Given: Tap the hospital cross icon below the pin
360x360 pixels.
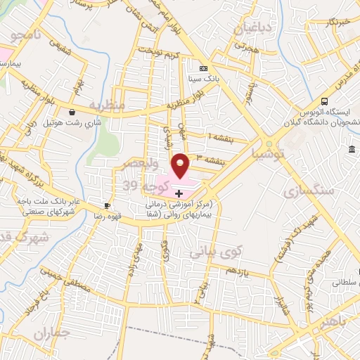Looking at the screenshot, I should coord(179,193).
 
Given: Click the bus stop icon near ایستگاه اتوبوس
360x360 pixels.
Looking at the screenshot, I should coord(324,101).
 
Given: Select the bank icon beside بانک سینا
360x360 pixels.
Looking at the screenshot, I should coord(203,68).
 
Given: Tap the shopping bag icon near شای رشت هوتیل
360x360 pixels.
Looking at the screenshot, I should coord(72,112).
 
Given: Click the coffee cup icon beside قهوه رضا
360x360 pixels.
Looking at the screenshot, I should coord(107,205).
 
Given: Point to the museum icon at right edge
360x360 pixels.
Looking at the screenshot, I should coord(351,149).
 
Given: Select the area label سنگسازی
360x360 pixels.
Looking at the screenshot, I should coord(307,190).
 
